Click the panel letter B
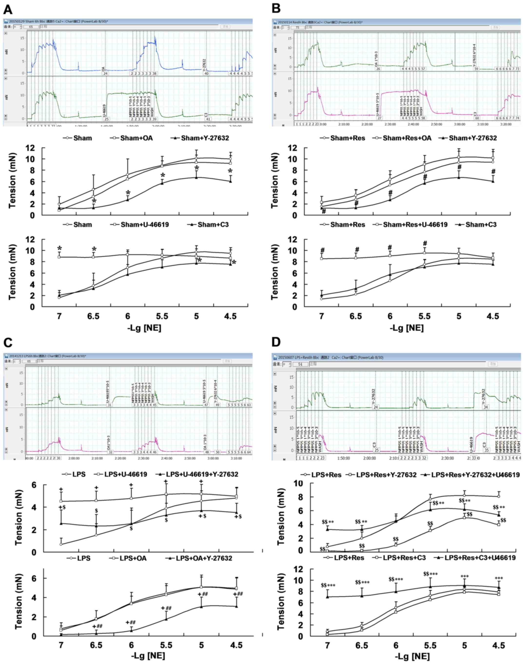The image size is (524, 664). (x=276, y=9)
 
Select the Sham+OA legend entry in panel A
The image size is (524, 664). (x=136, y=138)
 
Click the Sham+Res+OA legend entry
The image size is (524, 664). (x=407, y=138)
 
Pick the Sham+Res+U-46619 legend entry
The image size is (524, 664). (x=415, y=225)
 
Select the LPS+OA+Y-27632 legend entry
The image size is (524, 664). (x=204, y=558)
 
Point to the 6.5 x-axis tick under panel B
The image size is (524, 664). (x=356, y=316)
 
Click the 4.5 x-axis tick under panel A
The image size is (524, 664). (x=230, y=316)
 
